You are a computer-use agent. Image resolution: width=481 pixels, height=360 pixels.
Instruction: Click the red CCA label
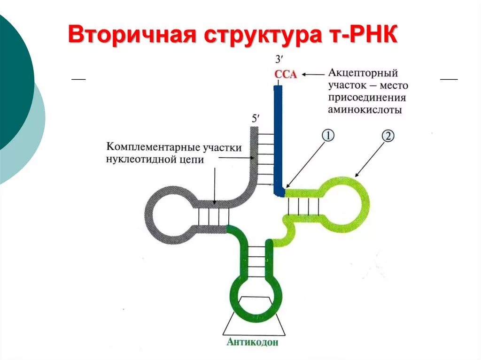tap(286, 74)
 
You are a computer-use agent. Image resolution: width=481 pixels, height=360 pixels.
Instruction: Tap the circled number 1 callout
tap(328, 136)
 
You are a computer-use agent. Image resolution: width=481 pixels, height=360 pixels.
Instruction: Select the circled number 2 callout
tap(388, 136)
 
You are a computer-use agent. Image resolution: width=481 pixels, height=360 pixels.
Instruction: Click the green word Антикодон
tap(252, 342)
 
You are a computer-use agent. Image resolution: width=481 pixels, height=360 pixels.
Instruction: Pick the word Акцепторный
tap(363, 74)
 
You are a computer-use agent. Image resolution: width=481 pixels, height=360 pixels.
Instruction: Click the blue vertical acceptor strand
tap(278, 136)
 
